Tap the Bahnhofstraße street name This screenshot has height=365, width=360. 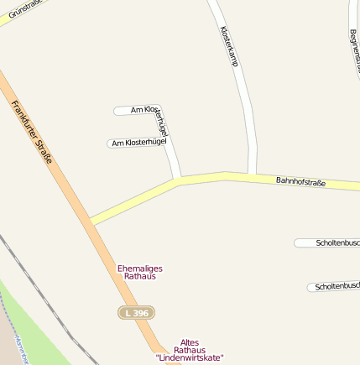pos(300,181)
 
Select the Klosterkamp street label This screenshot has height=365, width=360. pos(230,45)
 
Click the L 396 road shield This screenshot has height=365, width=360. pos(136,312)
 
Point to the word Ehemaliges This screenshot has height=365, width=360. pos(139,269)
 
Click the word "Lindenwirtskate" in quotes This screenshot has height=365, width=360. pos(190,357)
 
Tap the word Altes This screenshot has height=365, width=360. pos(190,342)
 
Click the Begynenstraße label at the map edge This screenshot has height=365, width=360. pos(354,50)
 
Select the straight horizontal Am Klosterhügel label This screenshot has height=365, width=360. pos(139,143)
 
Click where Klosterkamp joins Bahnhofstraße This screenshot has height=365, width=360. pos(251,175)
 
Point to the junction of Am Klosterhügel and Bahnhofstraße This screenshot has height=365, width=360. pos(179,180)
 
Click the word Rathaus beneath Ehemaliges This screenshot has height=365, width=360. pos(139,277)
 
